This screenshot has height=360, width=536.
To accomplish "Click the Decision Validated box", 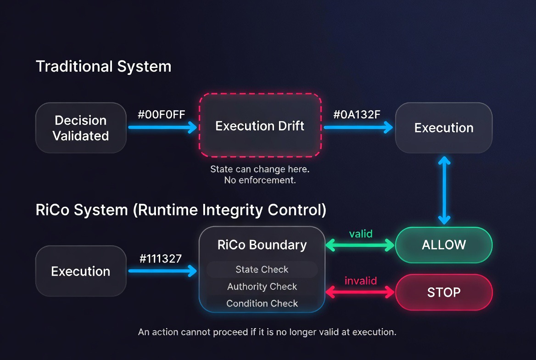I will coord(81,128).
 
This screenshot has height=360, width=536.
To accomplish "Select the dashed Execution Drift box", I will coord(260,126).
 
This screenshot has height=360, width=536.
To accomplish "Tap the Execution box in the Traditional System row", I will coord(443,128).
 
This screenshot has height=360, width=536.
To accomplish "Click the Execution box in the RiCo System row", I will coord(81,271).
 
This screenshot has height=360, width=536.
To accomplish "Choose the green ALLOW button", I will coord(443,245).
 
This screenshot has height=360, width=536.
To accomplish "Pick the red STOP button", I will coord(443,292).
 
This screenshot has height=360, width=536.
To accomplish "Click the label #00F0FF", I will coord(162,115).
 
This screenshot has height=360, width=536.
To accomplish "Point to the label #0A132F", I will coord(357,115).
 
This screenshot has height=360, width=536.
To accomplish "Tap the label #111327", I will coord(161,259).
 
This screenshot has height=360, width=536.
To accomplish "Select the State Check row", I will coord(262,270).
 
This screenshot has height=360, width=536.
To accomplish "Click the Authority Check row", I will coord(262,287).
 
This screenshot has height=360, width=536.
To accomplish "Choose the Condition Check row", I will coord(262,304).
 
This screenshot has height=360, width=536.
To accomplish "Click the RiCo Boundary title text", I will coord(262,245).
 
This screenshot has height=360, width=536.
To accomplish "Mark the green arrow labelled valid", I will coord(360,246).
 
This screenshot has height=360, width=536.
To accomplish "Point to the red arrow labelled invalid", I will coord(360,292).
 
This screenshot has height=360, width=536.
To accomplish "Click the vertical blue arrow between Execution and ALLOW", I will coord(444,190).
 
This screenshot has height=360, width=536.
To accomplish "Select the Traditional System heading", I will coord(104,67).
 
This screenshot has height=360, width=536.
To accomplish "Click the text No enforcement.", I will coord(260,180).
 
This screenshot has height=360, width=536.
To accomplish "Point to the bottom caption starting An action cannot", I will coord(267,332).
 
